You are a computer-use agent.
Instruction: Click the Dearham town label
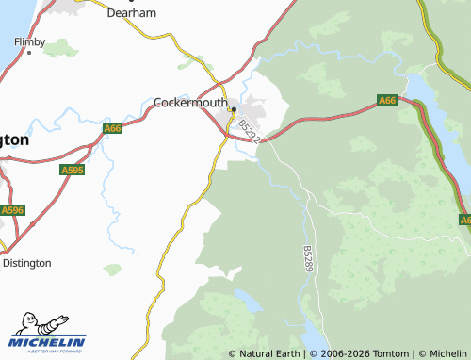pyautogui.click(x=131, y=14)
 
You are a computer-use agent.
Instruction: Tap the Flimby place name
pyautogui.click(x=29, y=42)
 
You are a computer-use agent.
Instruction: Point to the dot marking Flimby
pyautogui.click(x=29, y=54)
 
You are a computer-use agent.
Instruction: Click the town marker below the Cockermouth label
pyautogui.click(x=233, y=109)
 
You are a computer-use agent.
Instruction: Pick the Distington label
pyautogui.click(x=26, y=263)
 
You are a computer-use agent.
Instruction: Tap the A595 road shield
pyautogui.click(x=72, y=171)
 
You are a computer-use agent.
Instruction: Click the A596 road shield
pyautogui.click(x=11, y=210)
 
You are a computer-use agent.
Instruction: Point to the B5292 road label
pyautogui.click(x=248, y=130)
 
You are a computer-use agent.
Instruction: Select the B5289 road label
pyautogui.click(x=308, y=259)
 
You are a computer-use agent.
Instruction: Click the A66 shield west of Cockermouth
pyautogui.click(x=113, y=128)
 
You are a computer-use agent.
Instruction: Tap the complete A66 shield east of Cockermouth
pyautogui.click(x=387, y=100)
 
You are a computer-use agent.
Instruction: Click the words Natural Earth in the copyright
pyautogui.click(x=268, y=354)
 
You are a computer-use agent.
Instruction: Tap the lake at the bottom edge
pyautogui.click(x=310, y=337)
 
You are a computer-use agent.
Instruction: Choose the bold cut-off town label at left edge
pyautogui.click(x=14, y=139)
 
